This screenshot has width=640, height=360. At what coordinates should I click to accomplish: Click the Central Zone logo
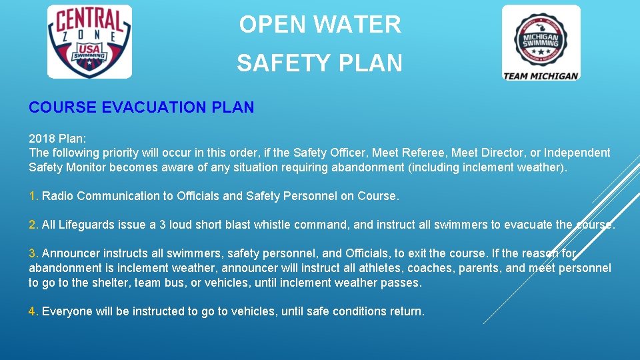pyautogui.click(x=89, y=41)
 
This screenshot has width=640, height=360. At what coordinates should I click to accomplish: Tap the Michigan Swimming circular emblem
pyautogui.click(x=541, y=37)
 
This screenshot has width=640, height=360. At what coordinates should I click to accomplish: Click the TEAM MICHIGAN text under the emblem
pyautogui.click(x=541, y=75)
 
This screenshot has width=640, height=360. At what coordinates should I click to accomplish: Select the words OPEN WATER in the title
pyautogui.click(x=320, y=25)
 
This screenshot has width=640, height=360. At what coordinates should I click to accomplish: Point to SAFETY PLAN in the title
pyautogui.click(x=320, y=63)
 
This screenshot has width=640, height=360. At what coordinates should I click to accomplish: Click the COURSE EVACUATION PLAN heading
pyautogui.click(x=141, y=107)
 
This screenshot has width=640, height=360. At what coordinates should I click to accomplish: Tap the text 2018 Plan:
pyautogui.click(x=57, y=139)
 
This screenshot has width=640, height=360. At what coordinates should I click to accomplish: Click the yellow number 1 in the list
pyautogui.click(x=33, y=196)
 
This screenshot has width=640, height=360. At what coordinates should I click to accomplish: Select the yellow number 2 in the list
pyautogui.click(x=33, y=225)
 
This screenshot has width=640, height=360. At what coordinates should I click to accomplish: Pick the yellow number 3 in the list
pyautogui.click(x=33, y=254)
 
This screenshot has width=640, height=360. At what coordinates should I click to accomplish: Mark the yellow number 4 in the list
pyautogui.click(x=33, y=311)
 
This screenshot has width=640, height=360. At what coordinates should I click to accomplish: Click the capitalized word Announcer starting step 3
pyautogui.click(x=71, y=254)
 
